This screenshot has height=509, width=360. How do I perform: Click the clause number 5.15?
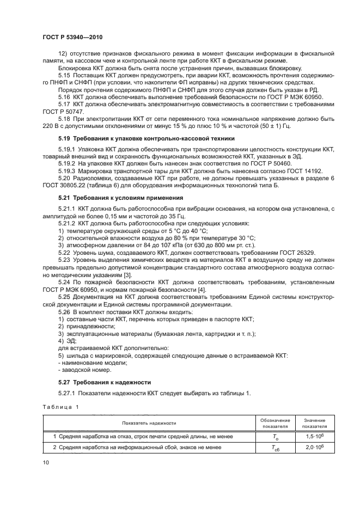pyautogui.click(x=65, y=75)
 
